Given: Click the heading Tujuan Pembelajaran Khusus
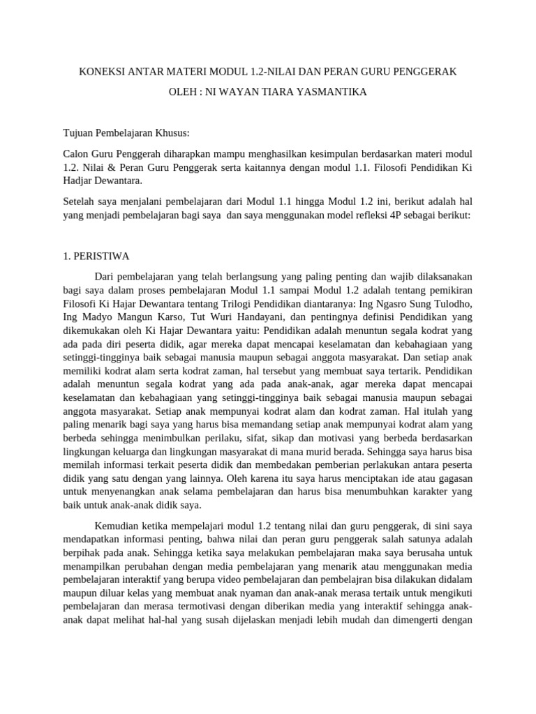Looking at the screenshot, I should tap(126, 132).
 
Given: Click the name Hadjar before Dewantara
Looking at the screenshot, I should tap(81, 181).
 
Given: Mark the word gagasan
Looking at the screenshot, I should tap(454, 478).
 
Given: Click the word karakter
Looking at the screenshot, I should tap(431, 491).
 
